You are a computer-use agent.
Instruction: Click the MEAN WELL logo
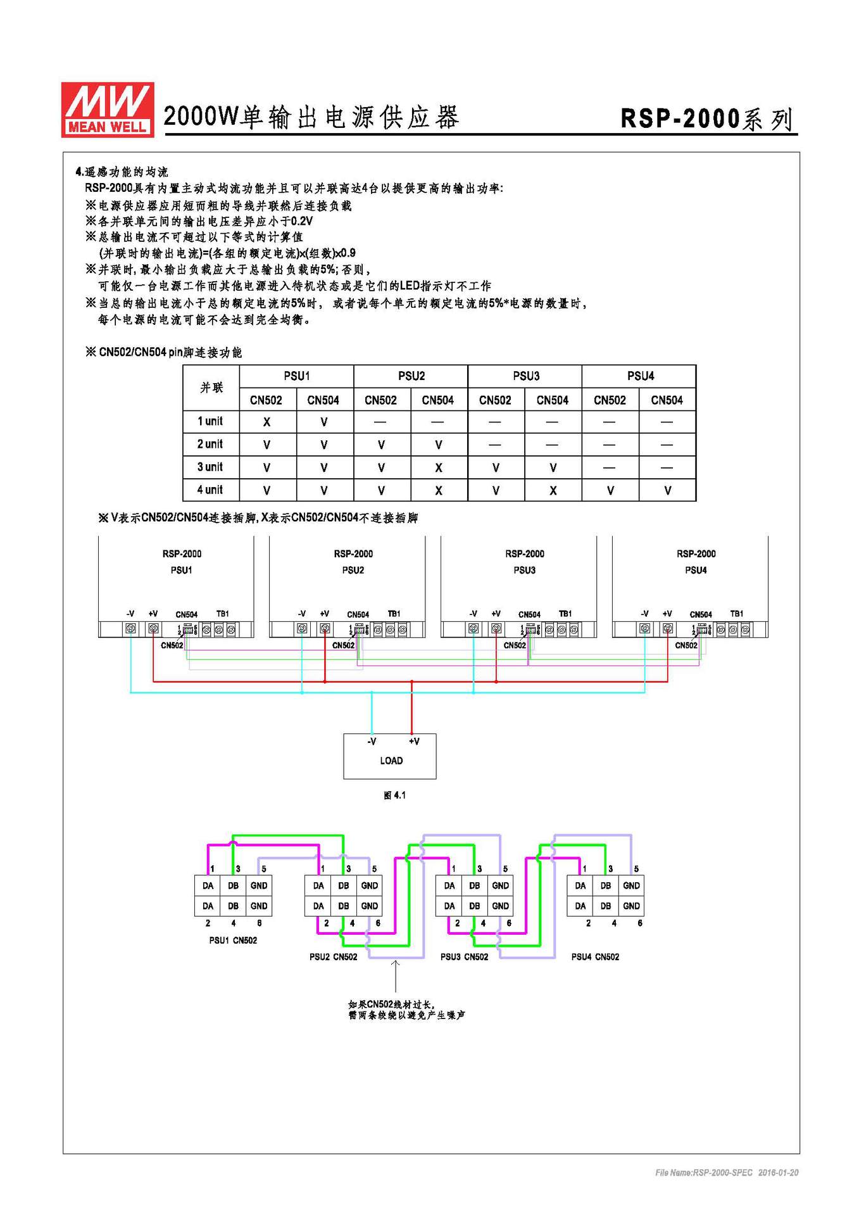(x=108, y=109)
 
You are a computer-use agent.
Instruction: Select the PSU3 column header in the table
(x=525, y=376)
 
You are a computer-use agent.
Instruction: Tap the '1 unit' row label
(x=210, y=421)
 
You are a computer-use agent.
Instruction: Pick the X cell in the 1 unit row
(x=266, y=422)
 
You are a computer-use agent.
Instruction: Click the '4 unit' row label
(x=210, y=490)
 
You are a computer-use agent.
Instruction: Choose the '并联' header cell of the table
(x=211, y=388)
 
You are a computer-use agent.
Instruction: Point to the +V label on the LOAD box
(x=414, y=741)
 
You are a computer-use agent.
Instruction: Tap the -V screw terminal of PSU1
(x=131, y=628)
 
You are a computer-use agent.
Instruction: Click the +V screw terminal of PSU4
(x=668, y=628)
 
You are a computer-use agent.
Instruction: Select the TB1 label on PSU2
(x=394, y=614)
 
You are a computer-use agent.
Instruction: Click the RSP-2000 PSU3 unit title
(x=525, y=561)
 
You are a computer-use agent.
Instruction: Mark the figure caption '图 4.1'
(x=394, y=795)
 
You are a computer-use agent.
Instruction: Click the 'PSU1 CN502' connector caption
(x=233, y=940)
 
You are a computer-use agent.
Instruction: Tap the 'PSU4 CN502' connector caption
(x=595, y=957)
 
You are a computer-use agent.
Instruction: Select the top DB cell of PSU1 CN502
(x=233, y=885)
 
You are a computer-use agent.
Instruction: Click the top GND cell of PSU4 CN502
(x=631, y=885)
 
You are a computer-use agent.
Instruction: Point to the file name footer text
(x=727, y=1173)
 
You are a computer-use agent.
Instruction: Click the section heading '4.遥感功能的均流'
(x=122, y=172)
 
